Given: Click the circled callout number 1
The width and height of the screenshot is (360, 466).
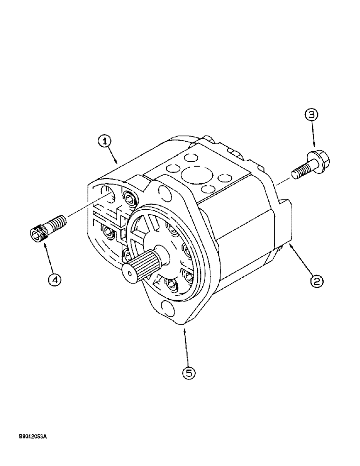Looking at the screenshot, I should coord(105,140).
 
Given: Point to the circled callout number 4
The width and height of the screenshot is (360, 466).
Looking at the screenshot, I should coord(55,280).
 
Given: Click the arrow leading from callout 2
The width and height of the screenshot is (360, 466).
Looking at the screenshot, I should coord(301,261).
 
